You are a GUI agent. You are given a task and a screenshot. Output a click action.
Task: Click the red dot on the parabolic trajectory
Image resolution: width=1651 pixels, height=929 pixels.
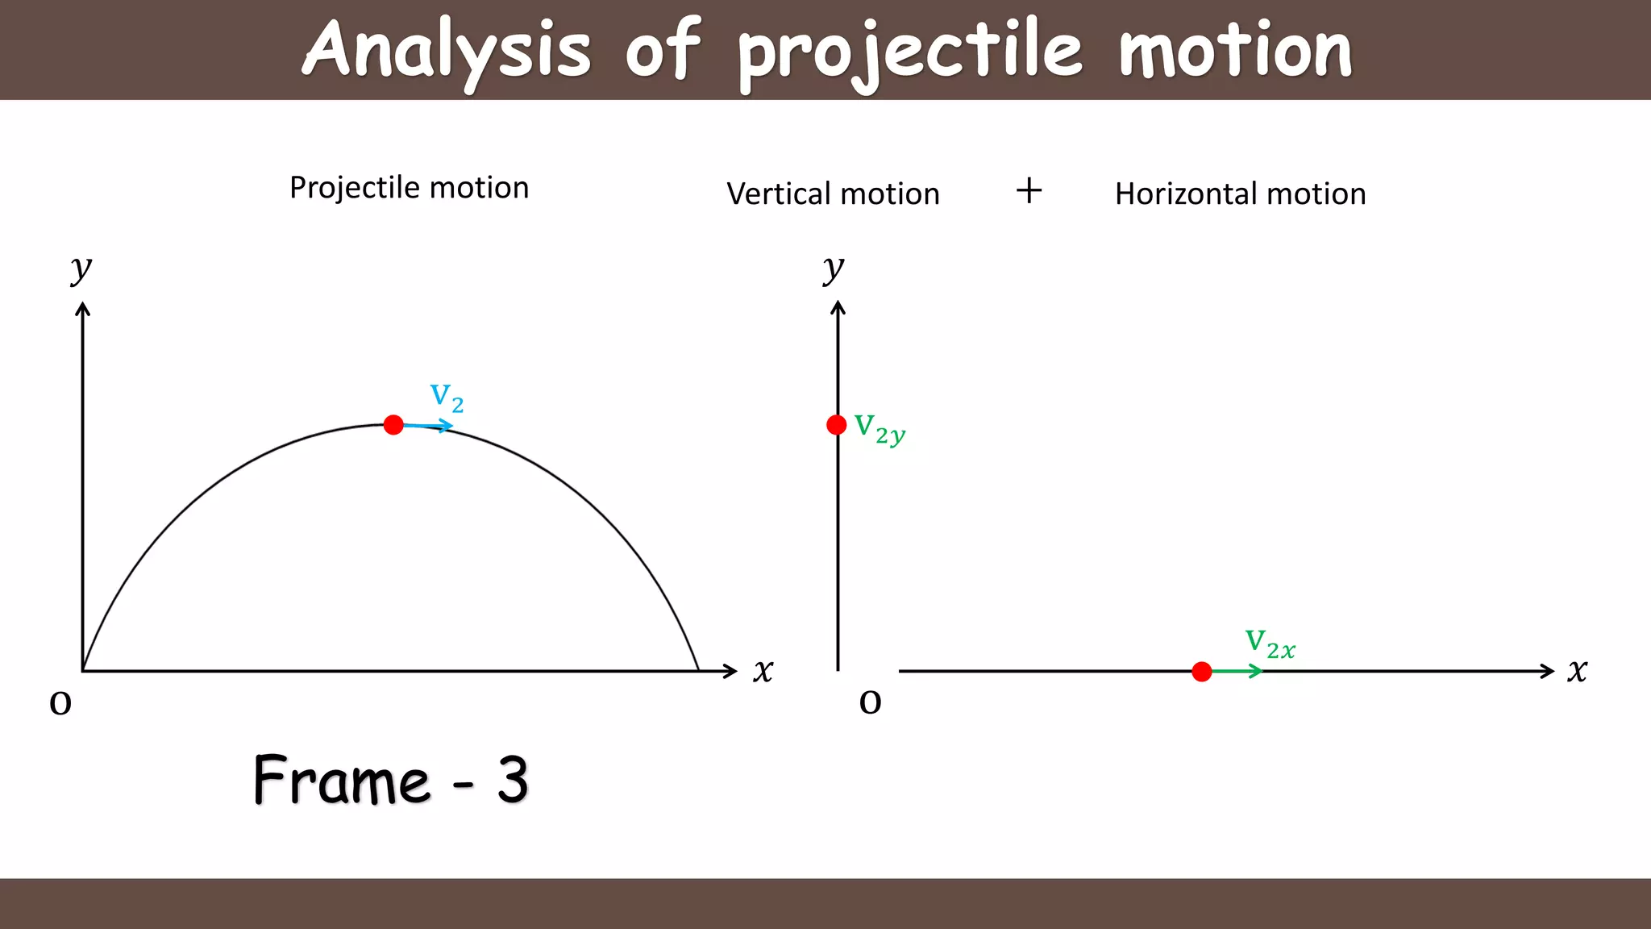pyautogui.click(x=393, y=425)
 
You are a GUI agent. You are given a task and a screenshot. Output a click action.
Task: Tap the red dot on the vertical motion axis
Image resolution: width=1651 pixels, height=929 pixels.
pyautogui.click(x=837, y=425)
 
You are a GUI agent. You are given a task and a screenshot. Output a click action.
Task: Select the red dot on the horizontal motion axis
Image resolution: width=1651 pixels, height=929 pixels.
pyautogui.click(x=1201, y=672)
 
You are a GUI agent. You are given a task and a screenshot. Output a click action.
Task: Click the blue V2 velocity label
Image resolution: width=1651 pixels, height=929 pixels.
pyautogui.click(x=447, y=397)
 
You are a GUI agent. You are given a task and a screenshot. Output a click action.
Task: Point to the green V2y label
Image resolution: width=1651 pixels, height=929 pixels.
pyautogui.click(x=880, y=429)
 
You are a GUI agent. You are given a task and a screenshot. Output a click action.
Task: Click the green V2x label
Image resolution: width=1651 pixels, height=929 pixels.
pyautogui.click(x=1270, y=644)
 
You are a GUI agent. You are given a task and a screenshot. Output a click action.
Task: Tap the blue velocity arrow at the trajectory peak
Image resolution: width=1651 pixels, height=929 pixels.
pyautogui.click(x=431, y=426)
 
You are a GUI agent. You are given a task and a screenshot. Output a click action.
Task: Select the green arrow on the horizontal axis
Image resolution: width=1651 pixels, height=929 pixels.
pyautogui.click(x=1237, y=671)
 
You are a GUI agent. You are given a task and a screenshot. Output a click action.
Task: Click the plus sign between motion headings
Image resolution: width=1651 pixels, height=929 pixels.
pyautogui.click(x=1029, y=191)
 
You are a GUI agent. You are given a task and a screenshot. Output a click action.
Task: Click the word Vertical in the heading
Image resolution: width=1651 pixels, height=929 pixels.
pyautogui.click(x=779, y=194)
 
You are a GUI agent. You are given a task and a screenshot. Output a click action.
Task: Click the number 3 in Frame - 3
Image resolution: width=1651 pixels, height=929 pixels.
pyautogui.click(x=513, y=780)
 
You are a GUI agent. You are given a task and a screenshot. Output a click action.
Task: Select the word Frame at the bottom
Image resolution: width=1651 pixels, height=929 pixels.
pyautogui.click(x=342, y=780)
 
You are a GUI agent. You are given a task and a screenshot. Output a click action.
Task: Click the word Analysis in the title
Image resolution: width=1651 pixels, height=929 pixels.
pyautogui.click(x=447, y=50)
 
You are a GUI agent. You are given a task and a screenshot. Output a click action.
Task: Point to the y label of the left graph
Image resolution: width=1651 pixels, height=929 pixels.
pyautogui.click(x=81, y=268)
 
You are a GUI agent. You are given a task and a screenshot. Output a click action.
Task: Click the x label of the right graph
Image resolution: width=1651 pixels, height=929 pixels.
pyautogui.click(x=1577, y=670)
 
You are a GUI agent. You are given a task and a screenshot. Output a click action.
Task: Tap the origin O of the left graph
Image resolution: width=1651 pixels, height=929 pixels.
pyautogui.click(x=60, y=703)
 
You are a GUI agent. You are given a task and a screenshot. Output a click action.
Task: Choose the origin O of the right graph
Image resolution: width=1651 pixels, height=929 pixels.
pyautogui.click(x=870, y=702)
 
